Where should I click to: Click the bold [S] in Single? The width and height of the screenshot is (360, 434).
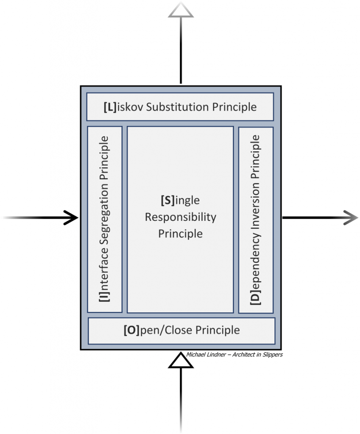(167, 200)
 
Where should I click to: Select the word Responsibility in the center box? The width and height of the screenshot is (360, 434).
(181, 217)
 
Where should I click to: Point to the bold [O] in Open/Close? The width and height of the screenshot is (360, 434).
(131, 330)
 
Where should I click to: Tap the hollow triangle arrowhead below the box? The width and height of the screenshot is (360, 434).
(181, 362)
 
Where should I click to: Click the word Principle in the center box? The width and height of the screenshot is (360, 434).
(181, 234)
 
